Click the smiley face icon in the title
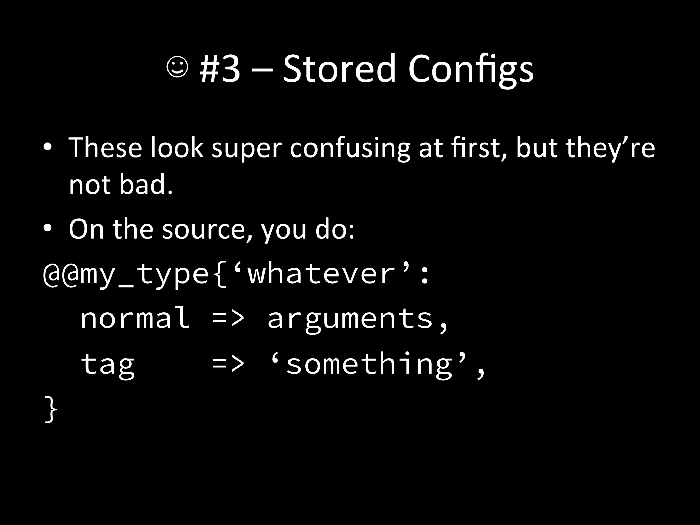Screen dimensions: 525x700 (x=177, y=67)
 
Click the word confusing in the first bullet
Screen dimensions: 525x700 (x=350, y=148)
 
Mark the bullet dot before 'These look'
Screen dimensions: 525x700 (x=48, y=148)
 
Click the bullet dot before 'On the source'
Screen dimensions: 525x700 (x=48, y=229)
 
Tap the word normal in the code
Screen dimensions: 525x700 (x=135, y=318)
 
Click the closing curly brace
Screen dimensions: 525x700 (x=51, y=409)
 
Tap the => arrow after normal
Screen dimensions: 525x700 (x=228, y=318)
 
